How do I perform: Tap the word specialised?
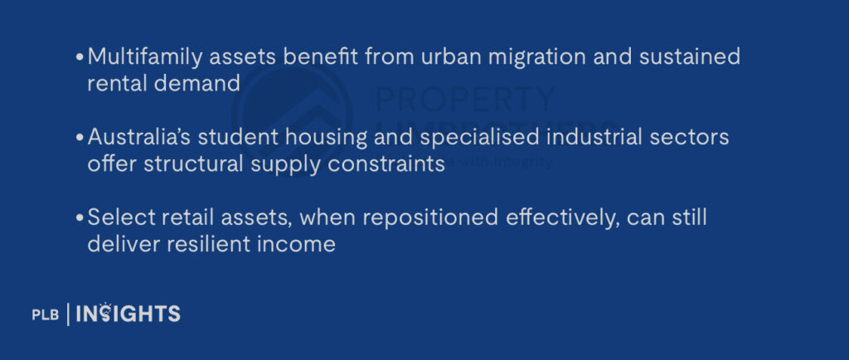pos(466,137)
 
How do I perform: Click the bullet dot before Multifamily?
pos(80,58)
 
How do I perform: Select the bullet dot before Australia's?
pos(80,138)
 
